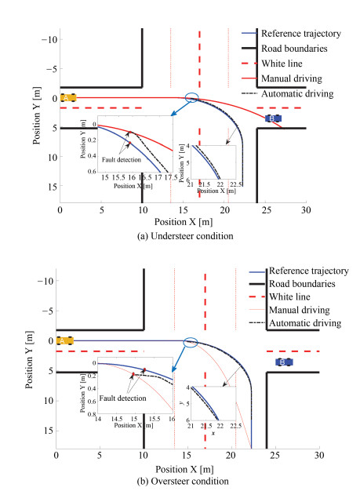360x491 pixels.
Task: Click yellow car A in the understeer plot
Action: coord(68,98)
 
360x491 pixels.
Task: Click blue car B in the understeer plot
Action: coord(273,118)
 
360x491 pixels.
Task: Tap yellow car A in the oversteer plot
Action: coord(65,340)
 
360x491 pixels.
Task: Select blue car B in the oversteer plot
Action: coord(284,362)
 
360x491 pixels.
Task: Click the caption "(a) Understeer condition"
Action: coord(185,236)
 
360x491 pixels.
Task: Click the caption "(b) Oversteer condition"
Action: coord(183,481)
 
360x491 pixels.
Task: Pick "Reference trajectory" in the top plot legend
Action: coord(301,34)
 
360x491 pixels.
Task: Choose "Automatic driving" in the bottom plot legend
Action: coord(305,323)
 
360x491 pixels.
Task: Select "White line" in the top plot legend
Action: coord(282,64)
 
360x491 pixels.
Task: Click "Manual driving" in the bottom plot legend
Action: coord(300,310)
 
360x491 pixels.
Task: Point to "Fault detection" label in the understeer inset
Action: coord(122,160)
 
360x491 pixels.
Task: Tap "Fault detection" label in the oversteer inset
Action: coord(122,398)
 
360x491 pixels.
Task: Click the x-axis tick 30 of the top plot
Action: coord(306,209)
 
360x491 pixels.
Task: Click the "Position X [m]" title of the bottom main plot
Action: coord(184,469)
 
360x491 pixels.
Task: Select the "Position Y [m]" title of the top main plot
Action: coord(37,115)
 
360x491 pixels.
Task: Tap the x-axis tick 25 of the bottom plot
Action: coord(275,455)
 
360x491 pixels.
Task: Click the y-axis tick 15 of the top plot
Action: coord(53,187)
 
